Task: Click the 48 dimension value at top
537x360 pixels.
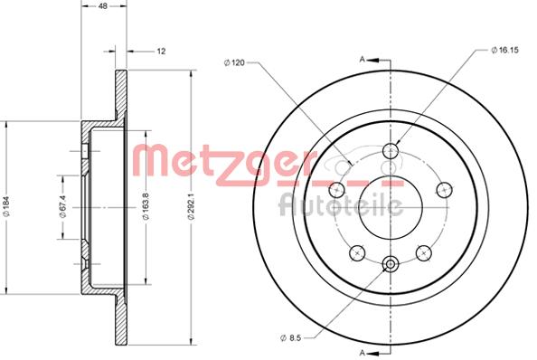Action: pos(103,5)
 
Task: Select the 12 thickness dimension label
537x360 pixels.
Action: pos(161,52)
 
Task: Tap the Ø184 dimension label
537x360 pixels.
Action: pos(7,206)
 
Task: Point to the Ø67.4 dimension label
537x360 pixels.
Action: pos(62,206)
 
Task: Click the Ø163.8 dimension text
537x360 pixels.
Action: pos(146,205)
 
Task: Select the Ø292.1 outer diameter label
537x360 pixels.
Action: pos(191,206)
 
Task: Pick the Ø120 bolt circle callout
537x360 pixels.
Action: pos(234,62)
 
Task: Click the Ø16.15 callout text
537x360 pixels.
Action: pos(504,50)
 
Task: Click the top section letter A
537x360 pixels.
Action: pos(362,60)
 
